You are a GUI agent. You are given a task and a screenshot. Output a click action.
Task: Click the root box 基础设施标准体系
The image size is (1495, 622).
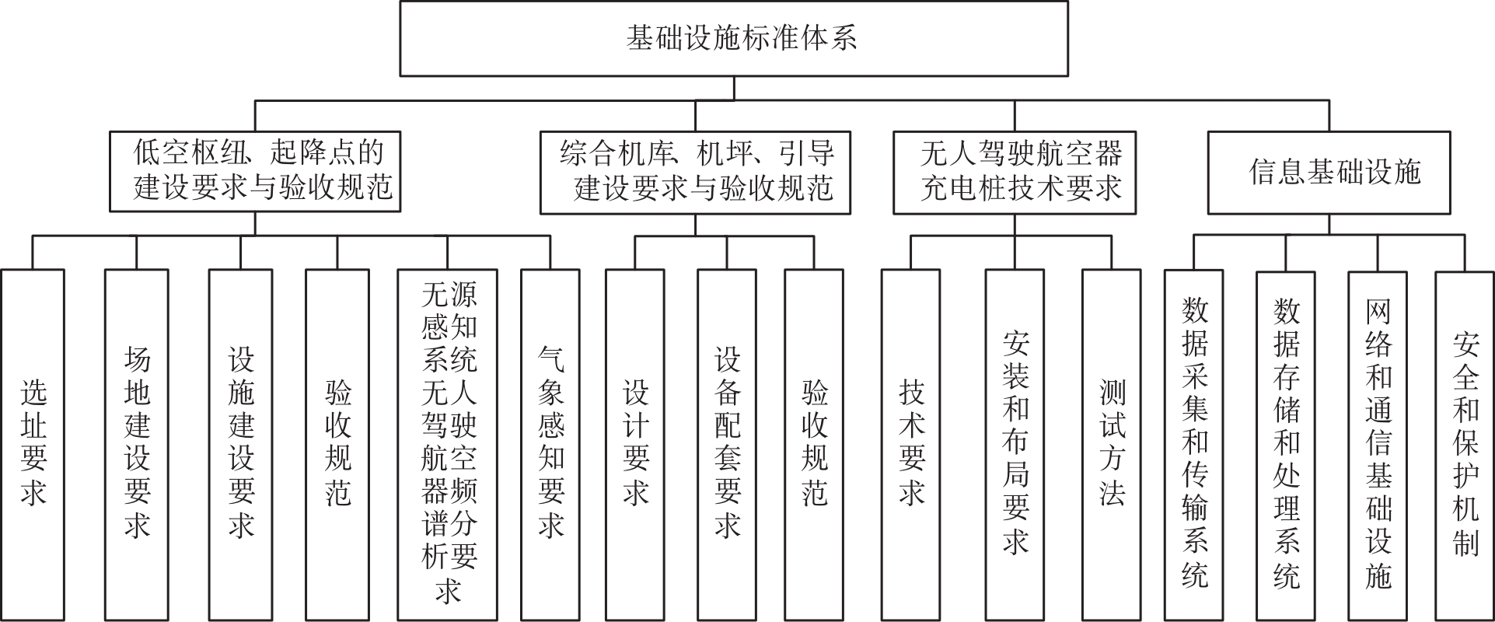(x=733, y=38)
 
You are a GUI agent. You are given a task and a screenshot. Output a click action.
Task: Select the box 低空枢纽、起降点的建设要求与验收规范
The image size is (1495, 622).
(x=255, y=171)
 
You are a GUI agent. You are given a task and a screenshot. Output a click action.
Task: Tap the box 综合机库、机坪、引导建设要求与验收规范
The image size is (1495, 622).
(x=695, y=172)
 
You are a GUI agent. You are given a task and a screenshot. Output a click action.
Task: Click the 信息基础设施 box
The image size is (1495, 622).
(x=1329, y=172)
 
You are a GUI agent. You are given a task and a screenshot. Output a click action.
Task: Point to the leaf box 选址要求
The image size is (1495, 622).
(x=33, y=444)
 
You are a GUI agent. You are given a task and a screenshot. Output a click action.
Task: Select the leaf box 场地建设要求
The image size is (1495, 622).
(x=137, y=444)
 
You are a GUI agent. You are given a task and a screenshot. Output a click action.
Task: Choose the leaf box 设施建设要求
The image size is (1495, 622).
(x=241, y=444)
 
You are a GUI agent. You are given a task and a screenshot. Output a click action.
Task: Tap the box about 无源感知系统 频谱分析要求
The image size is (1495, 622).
(x=448, y=444)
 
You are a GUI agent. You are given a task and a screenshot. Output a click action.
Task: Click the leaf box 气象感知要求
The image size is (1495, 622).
(x=550, y=444)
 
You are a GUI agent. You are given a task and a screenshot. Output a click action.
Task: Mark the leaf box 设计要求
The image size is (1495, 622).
(x=635, y=444)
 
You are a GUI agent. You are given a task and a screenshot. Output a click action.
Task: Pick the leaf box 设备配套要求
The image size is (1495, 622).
(x=727, y=444)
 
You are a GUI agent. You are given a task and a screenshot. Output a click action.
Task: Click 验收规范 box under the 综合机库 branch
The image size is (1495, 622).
(x=814, y=444)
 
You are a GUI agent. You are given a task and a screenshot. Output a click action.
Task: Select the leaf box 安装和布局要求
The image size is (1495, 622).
(x=1015, y=444)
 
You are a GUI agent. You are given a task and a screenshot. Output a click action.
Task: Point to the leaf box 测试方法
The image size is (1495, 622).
(x=1112, y=444)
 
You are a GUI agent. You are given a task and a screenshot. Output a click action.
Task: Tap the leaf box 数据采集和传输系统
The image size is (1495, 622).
(x=1194, y=444)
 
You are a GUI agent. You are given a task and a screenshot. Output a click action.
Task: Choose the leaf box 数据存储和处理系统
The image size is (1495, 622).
(x=1286, y=444)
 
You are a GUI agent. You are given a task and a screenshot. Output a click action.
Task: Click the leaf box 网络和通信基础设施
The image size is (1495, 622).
(x=1378, y=444)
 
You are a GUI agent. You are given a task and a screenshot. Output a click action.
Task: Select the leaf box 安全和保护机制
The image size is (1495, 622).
(x=1465, y=444)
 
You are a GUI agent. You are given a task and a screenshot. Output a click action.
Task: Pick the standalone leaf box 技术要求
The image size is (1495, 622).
(x=911, y=444)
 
